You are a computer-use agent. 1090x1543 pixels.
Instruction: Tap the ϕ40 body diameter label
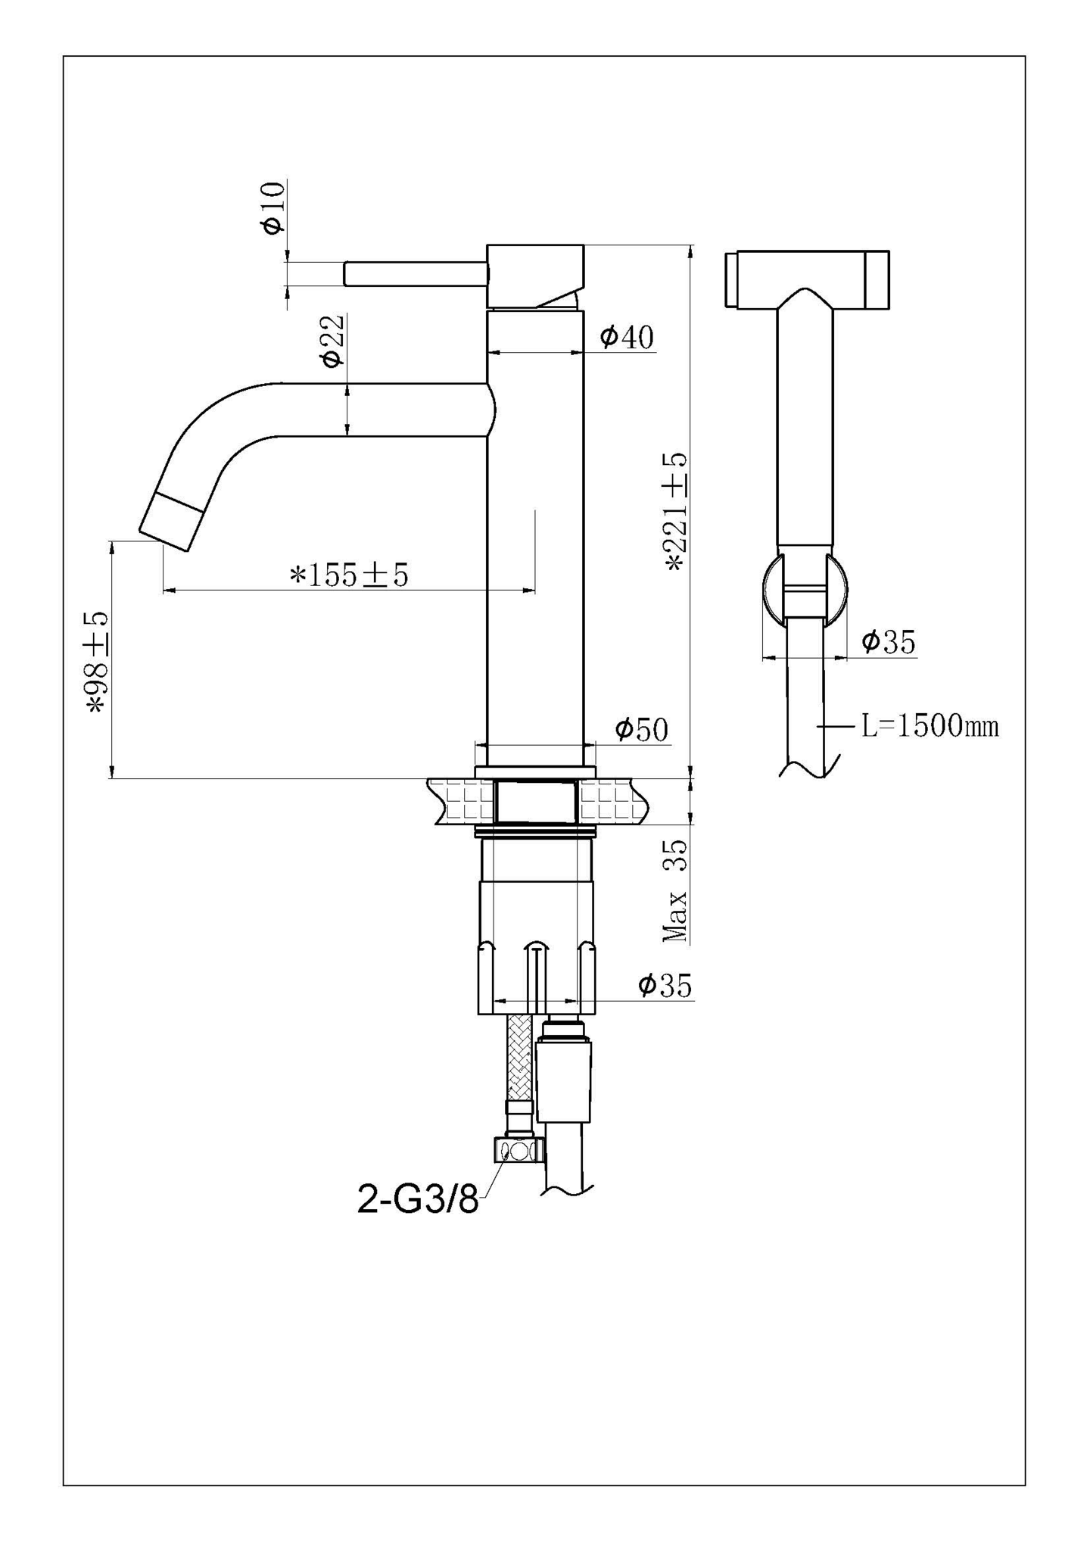[x=627, y=336]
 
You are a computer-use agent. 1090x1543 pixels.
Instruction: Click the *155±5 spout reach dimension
[x=349, y=575]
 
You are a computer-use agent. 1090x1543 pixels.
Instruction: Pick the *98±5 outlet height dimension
[x=98, y=662]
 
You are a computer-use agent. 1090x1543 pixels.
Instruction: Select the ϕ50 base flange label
[x=641, y=730]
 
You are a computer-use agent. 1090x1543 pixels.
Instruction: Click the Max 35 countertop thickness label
[x=675, y=890]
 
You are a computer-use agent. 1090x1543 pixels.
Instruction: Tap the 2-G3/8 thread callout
[x=418, y=1200]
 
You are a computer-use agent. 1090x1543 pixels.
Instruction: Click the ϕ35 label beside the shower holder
[x=888, y=642]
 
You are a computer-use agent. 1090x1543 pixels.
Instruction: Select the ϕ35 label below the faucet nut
[x=665, y=985]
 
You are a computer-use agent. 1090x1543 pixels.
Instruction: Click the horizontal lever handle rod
[x=415, y=273]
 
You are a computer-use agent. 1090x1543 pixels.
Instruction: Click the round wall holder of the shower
[x=805, y=589]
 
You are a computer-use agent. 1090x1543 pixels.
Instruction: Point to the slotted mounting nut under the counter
[x=537, y=946]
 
